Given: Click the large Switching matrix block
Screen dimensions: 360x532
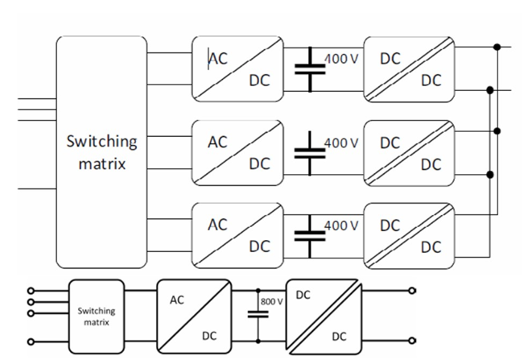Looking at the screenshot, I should point(101,151).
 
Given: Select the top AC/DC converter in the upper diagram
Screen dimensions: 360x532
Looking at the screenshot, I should point(237,69).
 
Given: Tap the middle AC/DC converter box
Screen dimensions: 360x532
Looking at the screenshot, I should point(237,152).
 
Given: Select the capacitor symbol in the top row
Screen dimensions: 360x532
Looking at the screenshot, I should point(309,69).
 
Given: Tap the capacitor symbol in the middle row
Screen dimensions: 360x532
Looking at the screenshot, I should point(309,152).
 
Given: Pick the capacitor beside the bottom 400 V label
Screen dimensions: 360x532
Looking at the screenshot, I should point(309,234).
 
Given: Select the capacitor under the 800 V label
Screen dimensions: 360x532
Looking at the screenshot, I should point(258,316).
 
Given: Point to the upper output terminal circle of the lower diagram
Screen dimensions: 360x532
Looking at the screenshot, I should point(414,291).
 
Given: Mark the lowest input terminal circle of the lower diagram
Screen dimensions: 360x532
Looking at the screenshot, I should point(31,342).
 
